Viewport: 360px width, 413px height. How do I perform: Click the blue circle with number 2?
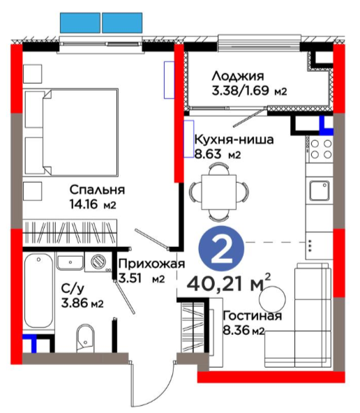click(221, 248)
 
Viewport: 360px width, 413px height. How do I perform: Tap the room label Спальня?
click(97, 190)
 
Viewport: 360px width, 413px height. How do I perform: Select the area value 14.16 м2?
click(93, 204)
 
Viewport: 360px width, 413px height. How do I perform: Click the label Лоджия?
click(238, 77)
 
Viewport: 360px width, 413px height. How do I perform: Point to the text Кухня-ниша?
click(234, 140)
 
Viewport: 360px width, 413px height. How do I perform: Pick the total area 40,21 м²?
click(229, 284)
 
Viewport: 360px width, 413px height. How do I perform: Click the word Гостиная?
click(253, 315)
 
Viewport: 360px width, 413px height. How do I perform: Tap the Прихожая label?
click(152, 264)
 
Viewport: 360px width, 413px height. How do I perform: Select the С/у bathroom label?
click(73, 289)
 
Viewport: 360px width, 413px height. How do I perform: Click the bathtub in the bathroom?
click(38, 290)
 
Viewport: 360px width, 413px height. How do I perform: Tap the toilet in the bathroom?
click(85, 338)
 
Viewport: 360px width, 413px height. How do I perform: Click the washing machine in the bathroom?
click(98, 262)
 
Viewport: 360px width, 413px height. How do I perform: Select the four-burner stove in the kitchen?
click(319, 149)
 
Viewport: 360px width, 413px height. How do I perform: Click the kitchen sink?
click(319, 190)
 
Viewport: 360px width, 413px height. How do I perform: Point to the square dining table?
click(218, 192)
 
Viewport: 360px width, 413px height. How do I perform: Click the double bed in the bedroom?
click(71, 132)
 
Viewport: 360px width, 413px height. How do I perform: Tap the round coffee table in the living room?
click(272, 299)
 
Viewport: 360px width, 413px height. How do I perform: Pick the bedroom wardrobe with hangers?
click(70, 233)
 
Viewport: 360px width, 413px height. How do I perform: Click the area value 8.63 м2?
click(218, 153)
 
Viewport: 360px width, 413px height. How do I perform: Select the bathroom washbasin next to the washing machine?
click(70, 262)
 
